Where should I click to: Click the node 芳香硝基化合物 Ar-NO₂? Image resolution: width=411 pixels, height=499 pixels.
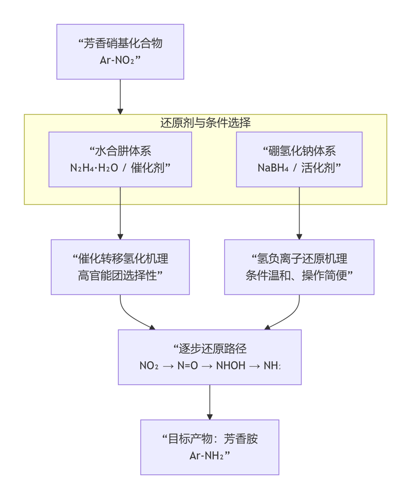(x=120, y=51)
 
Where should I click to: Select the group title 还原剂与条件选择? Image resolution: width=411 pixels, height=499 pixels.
(x=205, y=123)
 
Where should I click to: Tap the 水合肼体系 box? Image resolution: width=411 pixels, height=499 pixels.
(x=120, y=159)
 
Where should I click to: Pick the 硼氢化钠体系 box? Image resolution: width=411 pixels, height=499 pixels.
(x=299, y=159)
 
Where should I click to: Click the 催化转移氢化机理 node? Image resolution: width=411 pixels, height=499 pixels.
(x=120, y=267)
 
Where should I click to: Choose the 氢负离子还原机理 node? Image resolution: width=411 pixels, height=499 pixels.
(x=299, y=267)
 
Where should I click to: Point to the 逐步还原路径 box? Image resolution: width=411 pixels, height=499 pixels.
(x=210, y=357)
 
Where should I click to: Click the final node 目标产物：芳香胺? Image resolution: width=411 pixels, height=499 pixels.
(x=210, y=447)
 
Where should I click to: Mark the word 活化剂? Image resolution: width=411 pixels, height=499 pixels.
(x=322, y=168)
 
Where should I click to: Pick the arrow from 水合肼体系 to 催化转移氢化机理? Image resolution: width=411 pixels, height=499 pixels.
(x=120, y=213)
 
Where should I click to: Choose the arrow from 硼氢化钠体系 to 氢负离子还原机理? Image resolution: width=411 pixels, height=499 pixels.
(x=299, y=213)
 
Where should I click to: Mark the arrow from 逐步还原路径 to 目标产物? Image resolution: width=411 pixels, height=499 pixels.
(x=210, y=402)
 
